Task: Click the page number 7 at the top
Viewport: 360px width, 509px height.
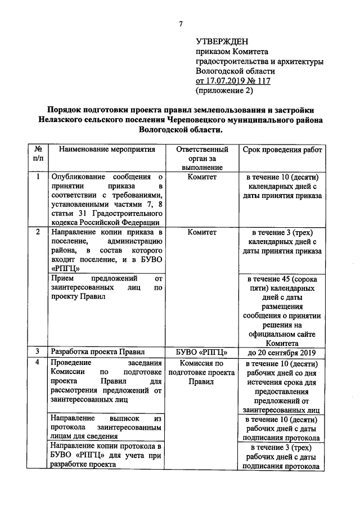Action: [181, 24]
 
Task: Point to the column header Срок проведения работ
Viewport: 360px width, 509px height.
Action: [282, 150]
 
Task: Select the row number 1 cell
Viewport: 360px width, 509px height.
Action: [37, 177]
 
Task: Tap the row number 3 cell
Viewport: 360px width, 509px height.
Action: [37, 352]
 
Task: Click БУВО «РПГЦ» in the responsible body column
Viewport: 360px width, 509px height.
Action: [202, 353]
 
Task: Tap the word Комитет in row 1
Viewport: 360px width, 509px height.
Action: [202, 177]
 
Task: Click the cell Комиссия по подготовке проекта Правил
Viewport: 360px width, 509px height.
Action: [202, 372]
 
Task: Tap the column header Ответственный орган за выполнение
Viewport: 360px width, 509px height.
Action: [202, 158]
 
